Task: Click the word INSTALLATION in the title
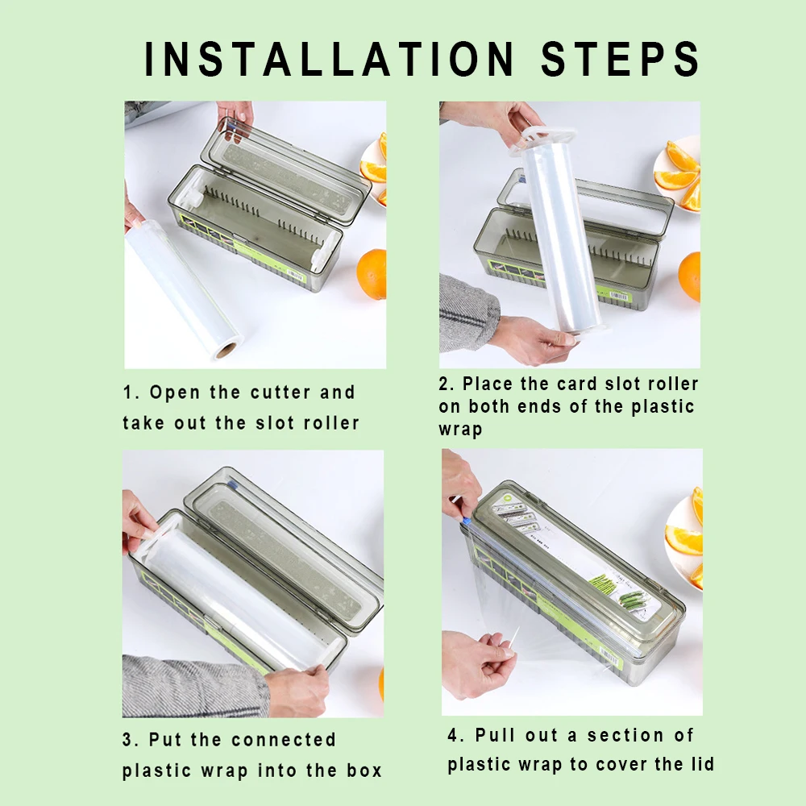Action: [x=330, y=59]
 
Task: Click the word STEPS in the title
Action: [x=621, y=59]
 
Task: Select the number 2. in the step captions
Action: [x=447, y=384]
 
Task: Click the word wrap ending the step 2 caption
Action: [x=460, y=430]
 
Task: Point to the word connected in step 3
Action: [x=284, y=740]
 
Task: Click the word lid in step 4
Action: [x=702, y=764]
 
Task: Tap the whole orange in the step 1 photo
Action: [x=372, y=273]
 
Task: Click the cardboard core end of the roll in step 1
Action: [x=226, y=351]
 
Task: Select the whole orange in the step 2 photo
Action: [x=689, y=276]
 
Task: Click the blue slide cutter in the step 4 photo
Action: [x=467, y=521]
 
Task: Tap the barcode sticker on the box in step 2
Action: [x=619, y=297]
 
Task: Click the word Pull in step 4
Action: [x=494, y=735]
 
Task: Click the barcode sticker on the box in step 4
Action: [x=611, y=656]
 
